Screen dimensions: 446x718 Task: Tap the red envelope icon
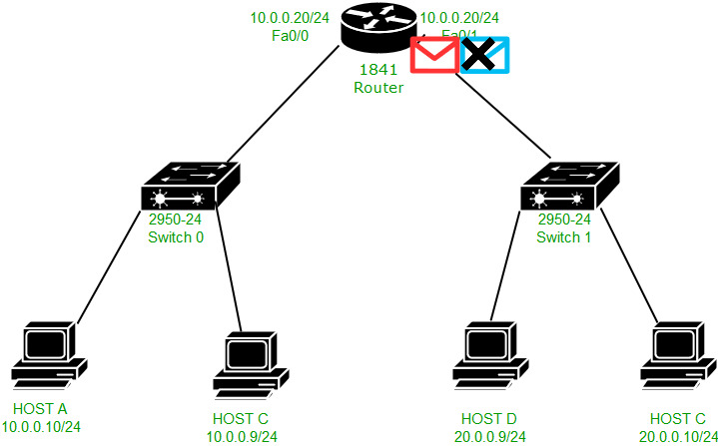pos(434,55)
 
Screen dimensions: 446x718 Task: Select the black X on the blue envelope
pos(480,54)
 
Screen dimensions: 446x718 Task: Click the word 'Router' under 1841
pos(378,88)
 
